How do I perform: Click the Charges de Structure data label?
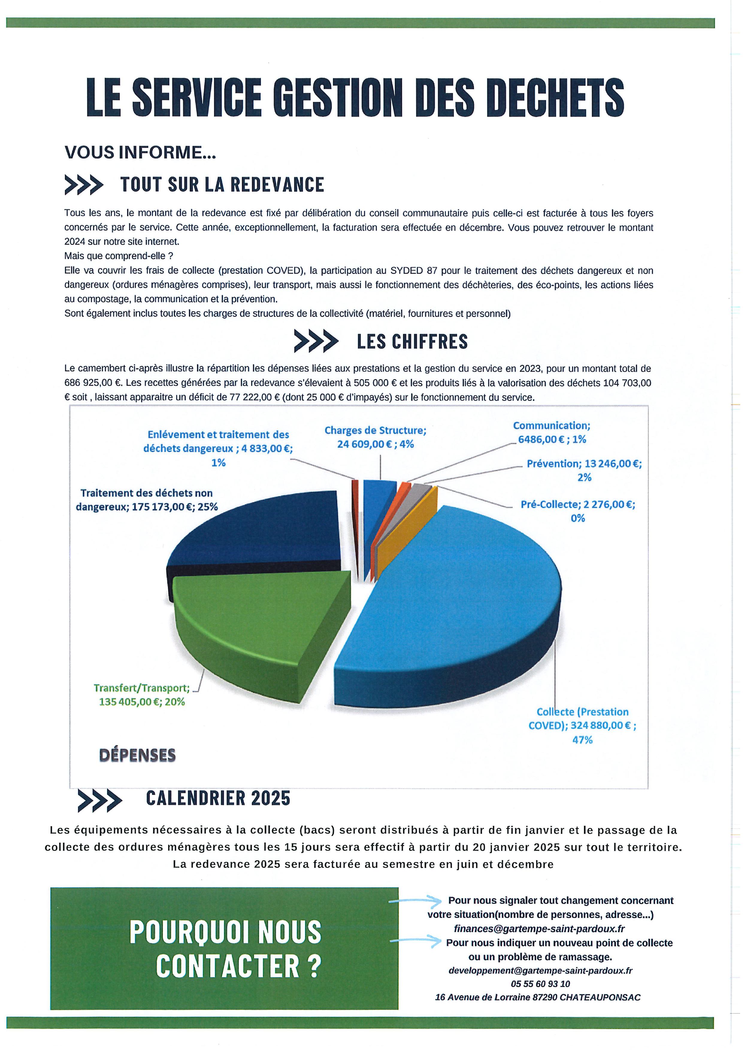pyautogui.click(x=375, y=437)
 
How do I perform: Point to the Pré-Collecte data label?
pyautogui.click(x=578, y=511)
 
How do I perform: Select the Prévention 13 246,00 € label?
pyautogui.click(x=584, y=470)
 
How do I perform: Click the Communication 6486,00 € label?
pyautogui.click(x=552, y=432)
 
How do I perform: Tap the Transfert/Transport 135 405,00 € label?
pyautogui.click(x=142, y=695)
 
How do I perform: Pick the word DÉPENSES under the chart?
pyautogui.click(x=137, y=755)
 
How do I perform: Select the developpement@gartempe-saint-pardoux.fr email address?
pyautogui.click(x=540, y=970)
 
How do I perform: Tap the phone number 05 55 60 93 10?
pyautogui.click(x=540, y=984)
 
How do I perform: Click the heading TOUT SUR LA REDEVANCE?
pyautogui.click(x=222, y=185)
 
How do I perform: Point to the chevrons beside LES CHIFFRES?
pyautogui.click(x=316, y=342)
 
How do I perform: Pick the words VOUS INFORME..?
pyautogui.click(x=140, y=152)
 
